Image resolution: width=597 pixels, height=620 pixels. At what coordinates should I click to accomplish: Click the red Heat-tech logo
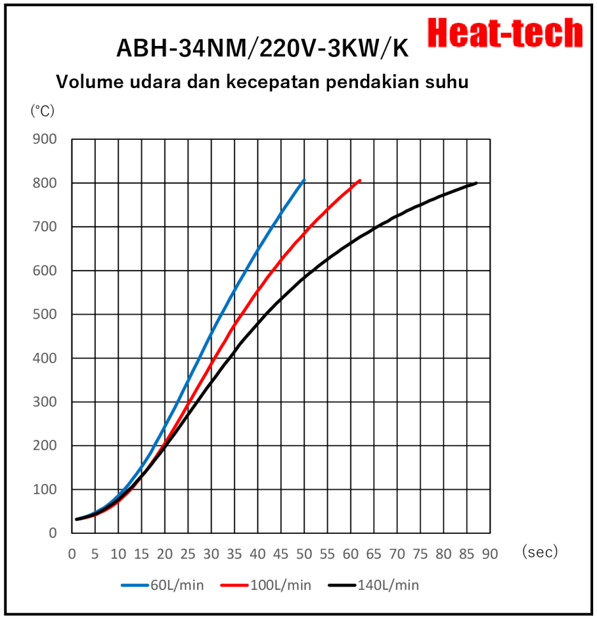pos(505,32)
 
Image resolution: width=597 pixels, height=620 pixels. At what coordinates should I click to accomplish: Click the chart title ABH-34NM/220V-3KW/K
pos(262,49)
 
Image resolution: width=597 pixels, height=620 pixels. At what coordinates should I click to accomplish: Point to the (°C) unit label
pos(43,110)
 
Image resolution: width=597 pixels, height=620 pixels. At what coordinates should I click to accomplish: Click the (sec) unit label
pos(540,552)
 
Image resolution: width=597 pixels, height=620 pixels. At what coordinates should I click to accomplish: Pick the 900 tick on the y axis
pos(45,139)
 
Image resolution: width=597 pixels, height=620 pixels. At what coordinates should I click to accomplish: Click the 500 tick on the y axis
pos(45,314)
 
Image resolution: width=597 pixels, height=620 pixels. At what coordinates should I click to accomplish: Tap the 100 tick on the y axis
pos(45,490)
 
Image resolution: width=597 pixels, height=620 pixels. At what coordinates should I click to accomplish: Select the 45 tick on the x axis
pos(281,554)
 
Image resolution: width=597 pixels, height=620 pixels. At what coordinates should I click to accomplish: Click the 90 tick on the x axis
pos(490,554)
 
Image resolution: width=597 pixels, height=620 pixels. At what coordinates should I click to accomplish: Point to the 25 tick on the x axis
pos(188,554)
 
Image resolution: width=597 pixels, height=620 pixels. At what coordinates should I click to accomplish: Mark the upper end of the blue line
pos(304,180)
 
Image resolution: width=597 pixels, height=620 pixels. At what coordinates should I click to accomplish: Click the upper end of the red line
pos(361,180)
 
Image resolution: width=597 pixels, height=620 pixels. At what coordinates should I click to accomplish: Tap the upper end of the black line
pos(476,183)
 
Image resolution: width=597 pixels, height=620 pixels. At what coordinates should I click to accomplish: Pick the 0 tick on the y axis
pos(54,533)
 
